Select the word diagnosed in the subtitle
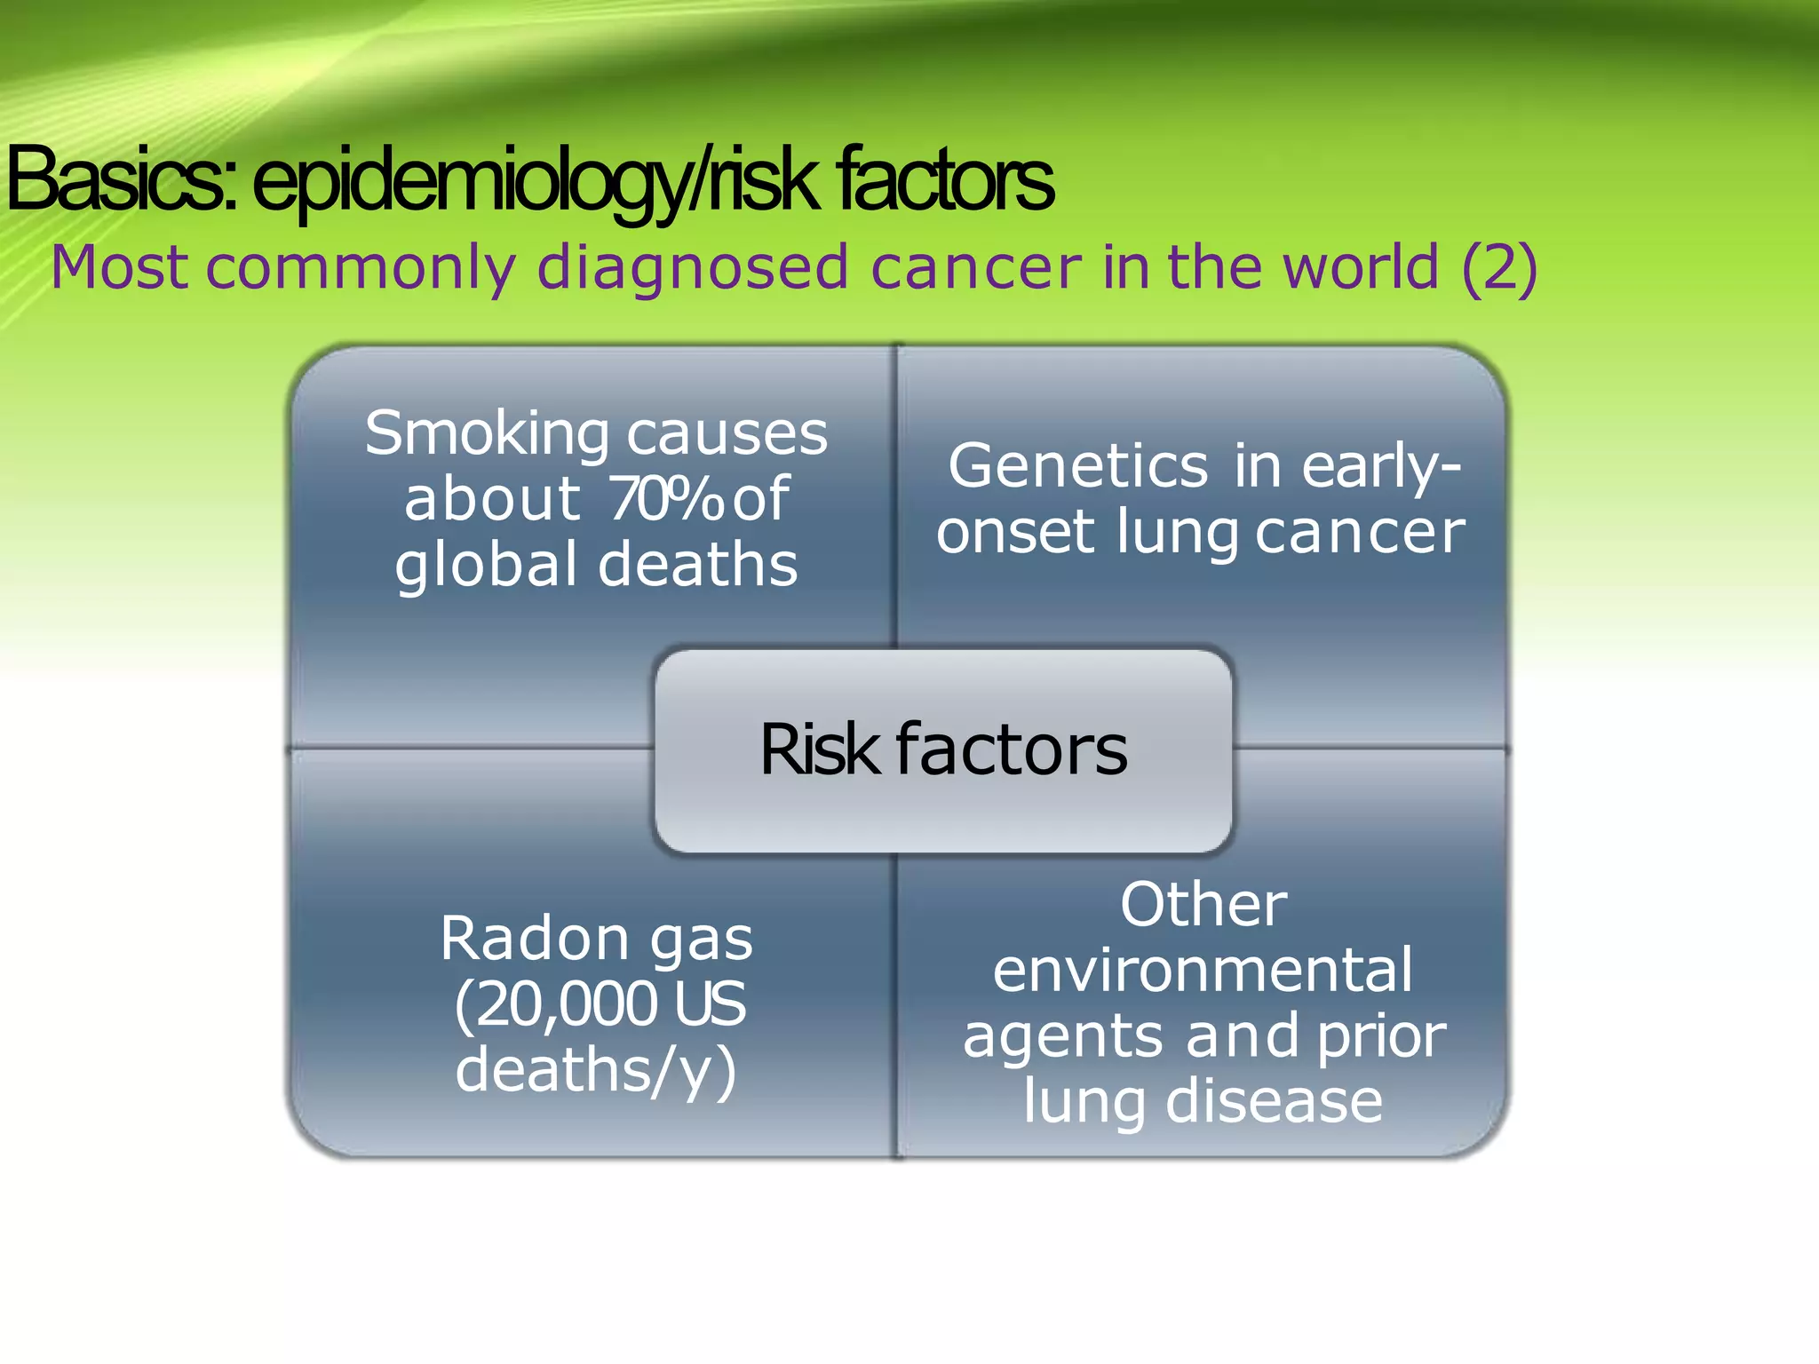click(x=693, y=268)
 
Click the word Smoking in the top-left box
click(x=487, y=434)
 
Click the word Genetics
click(x=1077, y=466)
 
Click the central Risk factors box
click(x=943, y=750)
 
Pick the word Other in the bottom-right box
click(x=1203, y=906)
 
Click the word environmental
click(x=1203, y=971)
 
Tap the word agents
click(x=1062, y=1037)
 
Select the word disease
click(x=1274, y=1101)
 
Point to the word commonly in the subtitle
click(x=361, y=268)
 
